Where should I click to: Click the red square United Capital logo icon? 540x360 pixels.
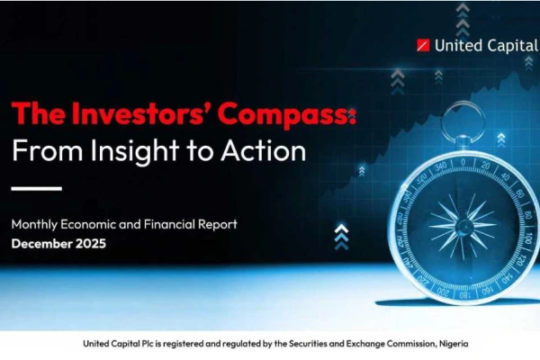tap(424, 44)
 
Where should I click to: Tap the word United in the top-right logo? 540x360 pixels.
tap(455, 44)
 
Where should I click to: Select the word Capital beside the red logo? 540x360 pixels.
tap(510, 44)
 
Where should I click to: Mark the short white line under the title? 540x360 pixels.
tap(37, 188)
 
